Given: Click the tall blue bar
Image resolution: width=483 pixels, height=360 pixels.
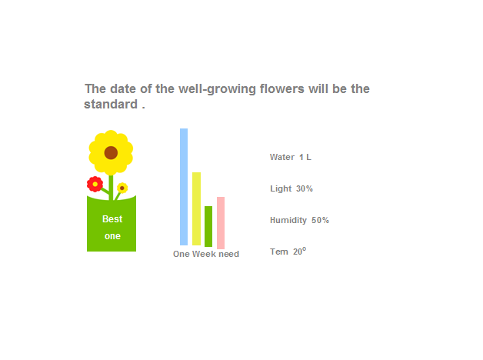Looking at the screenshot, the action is coord(184,187).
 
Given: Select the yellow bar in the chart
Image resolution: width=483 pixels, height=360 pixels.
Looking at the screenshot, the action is coord(196,208).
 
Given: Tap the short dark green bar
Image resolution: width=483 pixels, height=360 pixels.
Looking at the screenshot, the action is coord(208,226).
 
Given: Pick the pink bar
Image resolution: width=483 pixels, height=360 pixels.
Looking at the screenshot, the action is coord(221,222).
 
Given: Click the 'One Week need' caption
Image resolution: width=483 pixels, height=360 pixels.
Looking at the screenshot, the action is coord(206,254).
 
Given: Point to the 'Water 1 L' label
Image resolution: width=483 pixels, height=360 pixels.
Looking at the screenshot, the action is coord(291,157).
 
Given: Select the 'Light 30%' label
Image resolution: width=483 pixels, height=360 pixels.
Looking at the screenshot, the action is coord(291,188).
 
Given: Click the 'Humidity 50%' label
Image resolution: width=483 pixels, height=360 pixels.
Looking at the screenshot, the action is coord(299,220).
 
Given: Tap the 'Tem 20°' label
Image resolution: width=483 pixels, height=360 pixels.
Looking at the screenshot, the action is coord(288,252).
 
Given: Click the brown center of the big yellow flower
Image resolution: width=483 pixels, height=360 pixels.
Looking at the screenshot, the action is coord(111,153).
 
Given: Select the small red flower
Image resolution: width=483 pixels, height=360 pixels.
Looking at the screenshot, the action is coord(95,184).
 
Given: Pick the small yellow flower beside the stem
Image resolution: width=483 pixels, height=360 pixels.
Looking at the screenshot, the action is coord(122,188).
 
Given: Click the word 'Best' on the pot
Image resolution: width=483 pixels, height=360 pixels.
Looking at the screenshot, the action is coord(112,219).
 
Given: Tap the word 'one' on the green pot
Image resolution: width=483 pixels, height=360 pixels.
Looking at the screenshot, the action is coord(112,236).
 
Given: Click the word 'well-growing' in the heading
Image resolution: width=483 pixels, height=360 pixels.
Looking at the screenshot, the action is coord(217,89).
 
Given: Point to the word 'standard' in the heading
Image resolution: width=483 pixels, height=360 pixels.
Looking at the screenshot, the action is coord(111,104).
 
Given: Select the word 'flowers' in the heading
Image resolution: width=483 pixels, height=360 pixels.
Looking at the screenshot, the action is coord(281,88).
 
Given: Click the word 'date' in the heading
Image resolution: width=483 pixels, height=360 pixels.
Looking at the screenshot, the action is coord(123,88).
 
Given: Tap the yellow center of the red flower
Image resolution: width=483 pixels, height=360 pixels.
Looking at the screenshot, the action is coord(95,184).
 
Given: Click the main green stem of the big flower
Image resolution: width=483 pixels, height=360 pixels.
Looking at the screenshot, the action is coord(111,187).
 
